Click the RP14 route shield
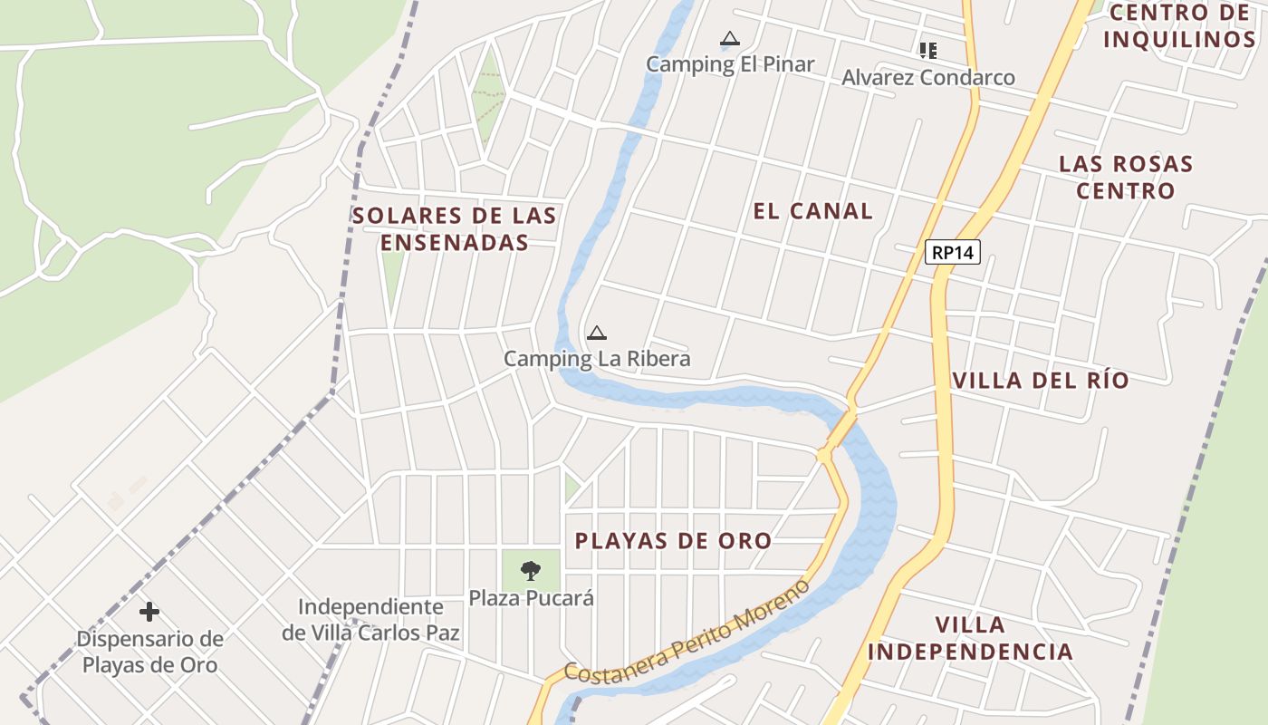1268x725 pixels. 953,252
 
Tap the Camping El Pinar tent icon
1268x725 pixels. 729,39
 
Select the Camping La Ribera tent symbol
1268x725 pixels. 596,333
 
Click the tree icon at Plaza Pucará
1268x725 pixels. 531,570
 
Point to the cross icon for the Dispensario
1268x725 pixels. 149,612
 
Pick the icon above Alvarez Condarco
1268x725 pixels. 927,51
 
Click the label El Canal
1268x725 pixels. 812,211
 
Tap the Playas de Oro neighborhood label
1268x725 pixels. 673,541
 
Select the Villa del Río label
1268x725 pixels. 1041,380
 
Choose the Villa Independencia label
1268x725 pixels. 970,638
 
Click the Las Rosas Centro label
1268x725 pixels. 1126,178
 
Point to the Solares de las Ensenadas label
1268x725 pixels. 455,229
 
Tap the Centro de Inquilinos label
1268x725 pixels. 1179,26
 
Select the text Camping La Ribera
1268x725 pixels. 597,359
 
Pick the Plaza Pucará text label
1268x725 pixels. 531,598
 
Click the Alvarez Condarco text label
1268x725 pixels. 928,78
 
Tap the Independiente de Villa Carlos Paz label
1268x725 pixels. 370,620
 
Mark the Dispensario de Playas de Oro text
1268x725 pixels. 149,652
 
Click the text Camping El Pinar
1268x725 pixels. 730,64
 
